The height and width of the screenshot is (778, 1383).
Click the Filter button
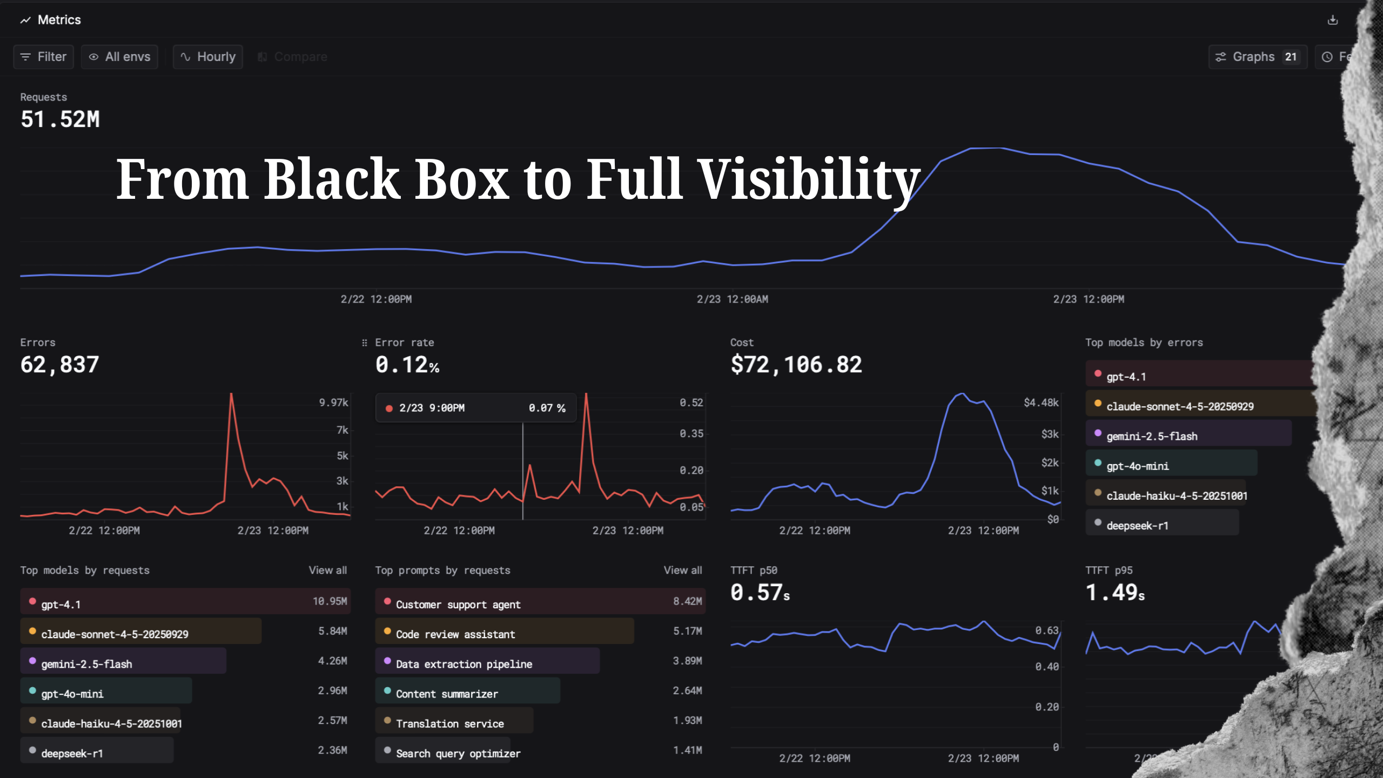point(43,57)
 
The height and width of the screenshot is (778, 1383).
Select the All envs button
point(119,57)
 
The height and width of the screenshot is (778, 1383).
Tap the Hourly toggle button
point(208,57)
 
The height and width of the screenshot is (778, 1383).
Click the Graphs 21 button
point(1257,57)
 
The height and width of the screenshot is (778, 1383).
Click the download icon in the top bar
point(1333,20)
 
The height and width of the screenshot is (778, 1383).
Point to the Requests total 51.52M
point(60,119)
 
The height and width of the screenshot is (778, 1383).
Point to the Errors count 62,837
point(59,365)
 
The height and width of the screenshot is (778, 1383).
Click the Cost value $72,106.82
point(796,365)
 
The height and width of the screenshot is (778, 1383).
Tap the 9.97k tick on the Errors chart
point(333,403)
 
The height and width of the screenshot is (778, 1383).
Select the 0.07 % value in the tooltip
point(547,408)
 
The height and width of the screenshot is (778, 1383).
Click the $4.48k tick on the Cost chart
point(1041,403)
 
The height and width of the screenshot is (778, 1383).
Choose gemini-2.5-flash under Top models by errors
point(1152,436)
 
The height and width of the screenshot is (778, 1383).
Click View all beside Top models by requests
point(327,570)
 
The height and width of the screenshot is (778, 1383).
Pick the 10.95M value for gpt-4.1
point(330,601)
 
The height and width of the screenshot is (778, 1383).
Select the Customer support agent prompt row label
point(458,605)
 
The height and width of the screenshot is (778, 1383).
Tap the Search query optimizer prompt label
point(458,753)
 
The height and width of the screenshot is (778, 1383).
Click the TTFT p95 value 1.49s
point(1115,593)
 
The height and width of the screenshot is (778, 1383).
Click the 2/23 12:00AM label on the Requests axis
point(732,299)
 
